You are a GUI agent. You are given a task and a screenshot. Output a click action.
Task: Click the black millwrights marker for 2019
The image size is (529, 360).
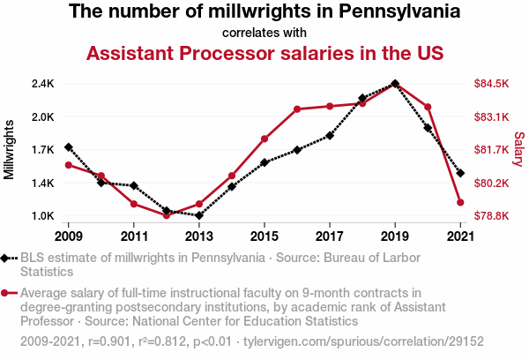pyautogui.click(x=394, y=84)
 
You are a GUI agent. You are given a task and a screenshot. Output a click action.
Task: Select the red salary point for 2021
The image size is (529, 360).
pyautogui.click(x=459, y=203)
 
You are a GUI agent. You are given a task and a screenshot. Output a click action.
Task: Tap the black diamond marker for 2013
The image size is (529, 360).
pyautogui.click(x=199, y=215)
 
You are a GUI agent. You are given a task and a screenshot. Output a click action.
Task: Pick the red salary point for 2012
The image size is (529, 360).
pyautogui.click(x=167, y=215)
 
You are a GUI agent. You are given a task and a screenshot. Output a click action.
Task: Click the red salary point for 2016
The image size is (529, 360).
pyautogui.click(x=297, y=109)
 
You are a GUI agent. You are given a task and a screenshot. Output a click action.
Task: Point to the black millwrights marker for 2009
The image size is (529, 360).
pyautogui.click(x=69, y=147)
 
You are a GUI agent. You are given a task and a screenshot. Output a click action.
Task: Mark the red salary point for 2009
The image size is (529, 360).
pyautogui.click(x=69, y=165)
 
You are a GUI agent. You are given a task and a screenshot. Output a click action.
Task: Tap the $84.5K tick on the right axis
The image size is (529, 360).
pyautogui.click(x=492, y=84)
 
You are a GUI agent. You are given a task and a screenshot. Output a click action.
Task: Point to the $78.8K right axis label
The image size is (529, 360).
pyautogui.click(x=492, y=216)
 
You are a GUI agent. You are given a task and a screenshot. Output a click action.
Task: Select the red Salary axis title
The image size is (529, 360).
pyautogui.click(x=519, y=148)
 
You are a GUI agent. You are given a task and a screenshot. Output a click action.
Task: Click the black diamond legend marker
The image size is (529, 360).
pyautogui.click(x=8, y=259)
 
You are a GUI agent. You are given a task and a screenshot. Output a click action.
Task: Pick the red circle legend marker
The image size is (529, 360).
pyautogui.click(x=8, y=293)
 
